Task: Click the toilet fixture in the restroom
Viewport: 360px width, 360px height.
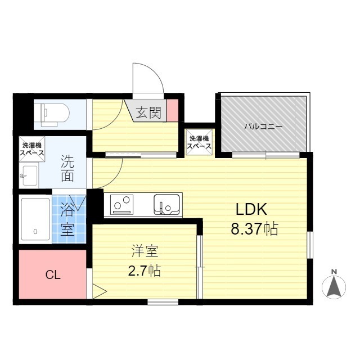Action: [x=55, y=115]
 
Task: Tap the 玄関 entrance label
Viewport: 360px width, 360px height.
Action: [x=149, y=112]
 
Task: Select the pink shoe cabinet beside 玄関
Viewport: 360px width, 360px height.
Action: [x=173, y=110]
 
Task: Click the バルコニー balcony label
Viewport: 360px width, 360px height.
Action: [x=263, y=126]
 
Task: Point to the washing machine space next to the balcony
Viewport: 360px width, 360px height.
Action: [x=199, y=142]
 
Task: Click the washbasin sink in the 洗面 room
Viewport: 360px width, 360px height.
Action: [x=29, y=175]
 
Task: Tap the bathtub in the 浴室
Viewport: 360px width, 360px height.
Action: [x=35, y=219]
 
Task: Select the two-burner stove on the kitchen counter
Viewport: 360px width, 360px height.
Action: [x=121, y=204]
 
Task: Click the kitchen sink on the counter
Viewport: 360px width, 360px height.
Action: [x=167, y=204]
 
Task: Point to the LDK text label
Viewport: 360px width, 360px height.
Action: [x=251, y=209]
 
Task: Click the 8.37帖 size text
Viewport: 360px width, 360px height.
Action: [x=254, y=229]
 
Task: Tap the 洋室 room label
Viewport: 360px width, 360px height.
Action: [x=145, y=251]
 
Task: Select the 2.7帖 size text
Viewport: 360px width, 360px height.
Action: [x=144, y=271]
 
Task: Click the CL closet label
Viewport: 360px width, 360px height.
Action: [x=53, y=275]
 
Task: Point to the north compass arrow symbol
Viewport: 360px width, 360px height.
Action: [x=334, y=287]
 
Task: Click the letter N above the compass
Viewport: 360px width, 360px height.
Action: [x=334, y=272]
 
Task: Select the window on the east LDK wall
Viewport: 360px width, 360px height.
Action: [x=310, y=245]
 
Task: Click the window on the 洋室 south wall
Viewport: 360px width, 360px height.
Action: [x=163, y=302]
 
